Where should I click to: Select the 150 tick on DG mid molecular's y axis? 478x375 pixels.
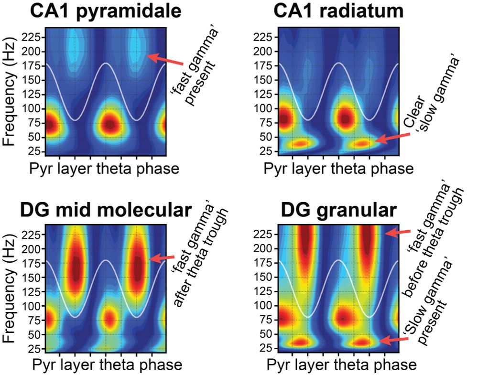point(34,277)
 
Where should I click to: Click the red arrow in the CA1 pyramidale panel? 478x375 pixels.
point(165,61)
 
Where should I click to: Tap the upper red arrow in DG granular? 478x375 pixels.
point(398,233)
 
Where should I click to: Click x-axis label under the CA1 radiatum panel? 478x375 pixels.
point(340,168)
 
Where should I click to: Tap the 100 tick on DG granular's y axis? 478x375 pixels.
point(269,305)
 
